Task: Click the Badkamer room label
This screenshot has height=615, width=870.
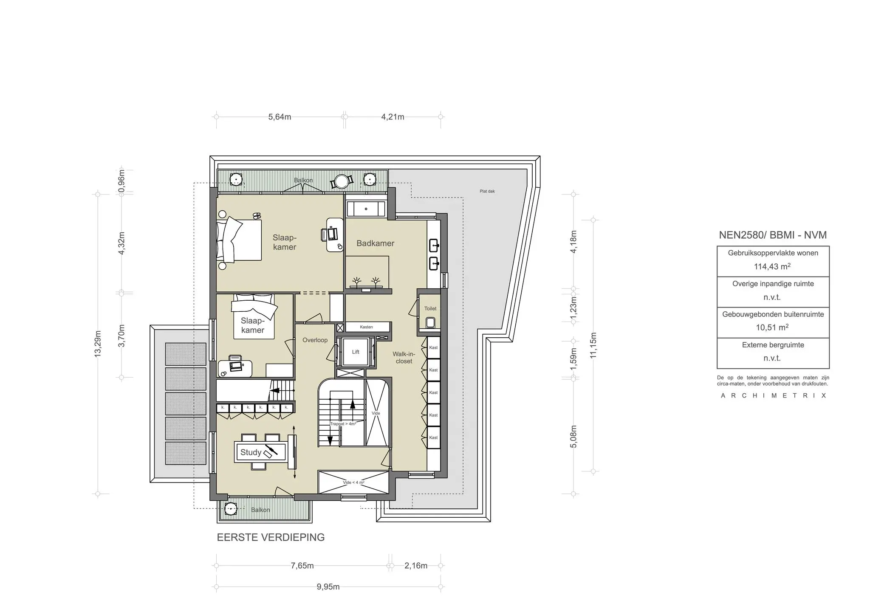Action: point(375,243)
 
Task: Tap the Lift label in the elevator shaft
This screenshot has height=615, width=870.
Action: point(356,352)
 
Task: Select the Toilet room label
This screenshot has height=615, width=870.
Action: point(430,309)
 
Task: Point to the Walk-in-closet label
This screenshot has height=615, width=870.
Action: point(404,358)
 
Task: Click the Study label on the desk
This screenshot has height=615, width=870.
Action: point(251,452)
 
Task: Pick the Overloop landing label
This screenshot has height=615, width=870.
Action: point(315,340)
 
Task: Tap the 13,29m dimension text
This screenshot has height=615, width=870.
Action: point(98,344)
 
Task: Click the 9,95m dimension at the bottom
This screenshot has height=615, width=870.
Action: point(328,587)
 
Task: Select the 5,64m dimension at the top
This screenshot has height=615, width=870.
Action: point(280,117)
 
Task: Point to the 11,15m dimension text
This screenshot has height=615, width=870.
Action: point(593,345)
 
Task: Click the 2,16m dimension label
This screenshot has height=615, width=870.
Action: point(416,566)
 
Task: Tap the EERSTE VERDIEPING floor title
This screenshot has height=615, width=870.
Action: point(271,537)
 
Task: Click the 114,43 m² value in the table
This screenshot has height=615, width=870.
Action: point(772,266)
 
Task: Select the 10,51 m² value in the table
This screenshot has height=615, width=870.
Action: point(772,327)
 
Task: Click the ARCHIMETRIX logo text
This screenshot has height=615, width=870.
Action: point(774,395)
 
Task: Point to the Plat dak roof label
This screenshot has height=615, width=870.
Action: point(487,191)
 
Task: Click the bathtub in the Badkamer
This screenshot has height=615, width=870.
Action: point(366,209)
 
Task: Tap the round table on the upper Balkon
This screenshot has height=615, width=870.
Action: point(342,181)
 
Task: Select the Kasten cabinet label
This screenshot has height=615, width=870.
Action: point(366,327)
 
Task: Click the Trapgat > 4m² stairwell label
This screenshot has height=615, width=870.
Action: point(343,424)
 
